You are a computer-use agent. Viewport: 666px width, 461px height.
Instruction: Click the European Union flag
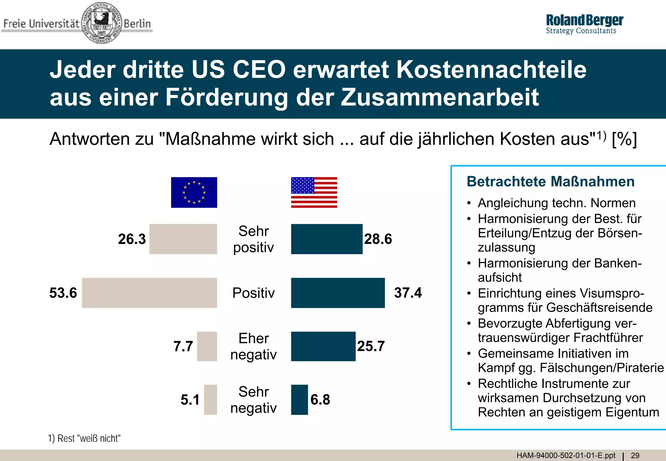[x=194, y=192]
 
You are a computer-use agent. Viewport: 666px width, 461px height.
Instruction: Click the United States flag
[x=314, y=192]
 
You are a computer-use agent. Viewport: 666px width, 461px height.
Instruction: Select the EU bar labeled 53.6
[x=149, y=293]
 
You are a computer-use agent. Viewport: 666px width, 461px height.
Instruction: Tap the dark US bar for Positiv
[x=338, y=293]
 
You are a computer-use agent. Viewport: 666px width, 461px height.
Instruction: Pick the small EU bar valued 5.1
[x=210, y=400]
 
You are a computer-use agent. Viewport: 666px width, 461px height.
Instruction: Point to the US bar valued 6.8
[x=299, y=400]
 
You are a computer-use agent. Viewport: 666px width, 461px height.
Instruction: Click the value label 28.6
[x=378, y=239]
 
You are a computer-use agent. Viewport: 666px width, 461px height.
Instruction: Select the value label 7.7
[x=183, y=346]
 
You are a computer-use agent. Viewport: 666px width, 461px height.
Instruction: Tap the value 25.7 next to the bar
[x=371, y=346]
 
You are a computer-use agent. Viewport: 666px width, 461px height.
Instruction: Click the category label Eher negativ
[x=253, y=347]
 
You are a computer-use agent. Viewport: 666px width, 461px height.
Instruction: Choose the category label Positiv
[x=253, y=293]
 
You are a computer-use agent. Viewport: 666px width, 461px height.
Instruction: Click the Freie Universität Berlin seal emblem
[x=101, y=23]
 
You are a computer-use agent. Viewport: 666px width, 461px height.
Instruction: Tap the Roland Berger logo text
[x=584, y=20]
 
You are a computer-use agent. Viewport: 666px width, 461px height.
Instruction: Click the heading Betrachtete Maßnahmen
[x=550, y=181]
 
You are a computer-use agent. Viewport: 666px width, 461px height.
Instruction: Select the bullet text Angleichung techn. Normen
[x=556, y=203]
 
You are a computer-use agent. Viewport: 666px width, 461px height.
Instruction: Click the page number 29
[x=635, y=455]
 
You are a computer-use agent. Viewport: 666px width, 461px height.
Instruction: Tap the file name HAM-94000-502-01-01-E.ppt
[x=566, y=455]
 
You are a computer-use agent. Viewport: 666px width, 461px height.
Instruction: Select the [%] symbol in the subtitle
[x=624, y=139]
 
